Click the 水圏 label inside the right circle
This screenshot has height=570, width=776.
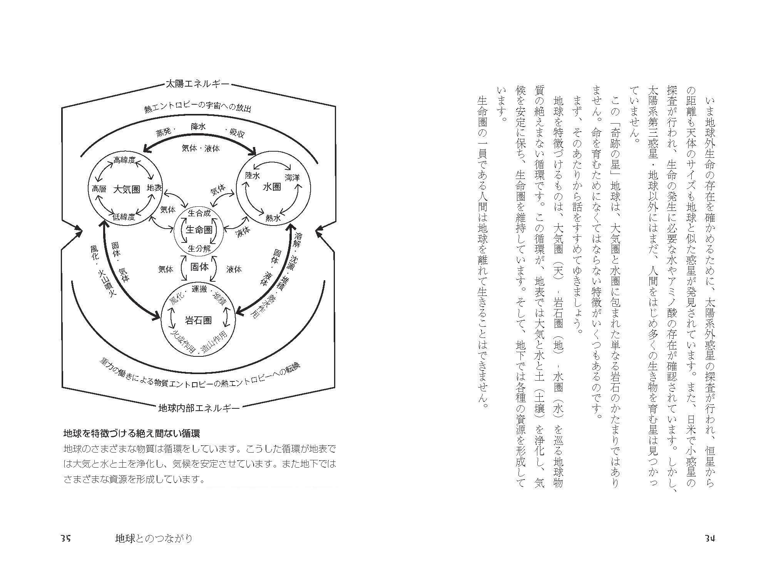click(x=271, y=187)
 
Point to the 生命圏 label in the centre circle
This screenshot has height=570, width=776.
click(x=199, y=230)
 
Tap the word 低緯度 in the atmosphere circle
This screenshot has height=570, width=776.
click(x=124, y=217)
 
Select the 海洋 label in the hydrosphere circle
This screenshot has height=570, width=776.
click(x=292, y=177)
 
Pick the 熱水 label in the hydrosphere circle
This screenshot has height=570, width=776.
click(x=273, y=218)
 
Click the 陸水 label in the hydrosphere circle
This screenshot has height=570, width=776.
click(x=253, y=176)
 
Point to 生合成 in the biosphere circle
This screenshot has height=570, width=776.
click(x=199, y=213)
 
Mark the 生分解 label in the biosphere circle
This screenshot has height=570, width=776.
click(x=199, y=248)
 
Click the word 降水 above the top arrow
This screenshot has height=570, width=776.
click(x=198, y=126)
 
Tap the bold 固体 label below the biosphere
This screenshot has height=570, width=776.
click(x=199, y=267)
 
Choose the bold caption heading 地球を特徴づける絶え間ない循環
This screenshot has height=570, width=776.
click(x=131, y=434)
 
